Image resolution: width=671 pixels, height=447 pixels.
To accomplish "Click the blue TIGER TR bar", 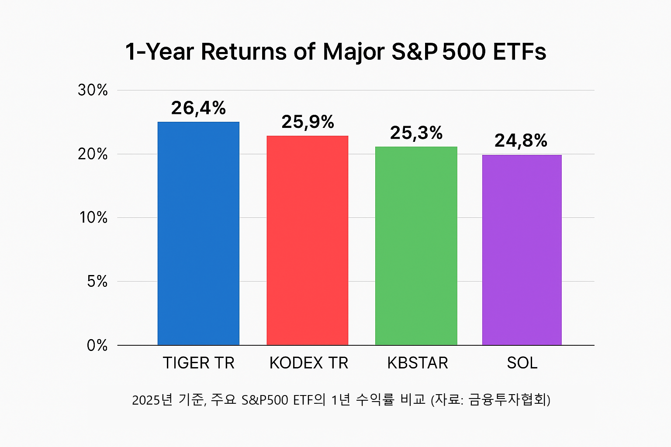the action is tap(198, 234).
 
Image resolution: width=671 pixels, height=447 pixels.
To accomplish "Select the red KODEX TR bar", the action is tap(308, 241).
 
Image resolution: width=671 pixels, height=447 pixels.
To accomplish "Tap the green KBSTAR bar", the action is tap(416, 246).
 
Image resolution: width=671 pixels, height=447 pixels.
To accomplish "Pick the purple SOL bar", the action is tap(522, 250).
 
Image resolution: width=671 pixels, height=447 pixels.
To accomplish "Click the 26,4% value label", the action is tap(198, 108).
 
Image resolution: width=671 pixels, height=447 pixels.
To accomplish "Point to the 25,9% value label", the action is tap(308, 122).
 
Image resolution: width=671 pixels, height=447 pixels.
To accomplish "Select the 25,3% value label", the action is tap(416, 133).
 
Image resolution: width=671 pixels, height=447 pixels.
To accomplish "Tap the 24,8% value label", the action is tap(521, 141).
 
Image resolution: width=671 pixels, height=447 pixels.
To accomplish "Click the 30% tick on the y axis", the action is tap(93, 90).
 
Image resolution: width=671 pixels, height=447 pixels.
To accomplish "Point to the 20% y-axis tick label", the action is tap(93, 154).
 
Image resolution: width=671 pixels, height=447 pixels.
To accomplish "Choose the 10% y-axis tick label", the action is tap(93, 218).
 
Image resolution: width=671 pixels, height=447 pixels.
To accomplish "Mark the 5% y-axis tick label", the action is tap(97, 282).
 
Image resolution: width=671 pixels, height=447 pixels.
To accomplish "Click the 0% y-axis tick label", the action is tap(97, 345).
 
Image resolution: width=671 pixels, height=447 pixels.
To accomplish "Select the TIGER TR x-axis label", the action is tap(199, 363).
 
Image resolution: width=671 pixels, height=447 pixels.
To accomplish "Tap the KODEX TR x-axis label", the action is tap(309, 363).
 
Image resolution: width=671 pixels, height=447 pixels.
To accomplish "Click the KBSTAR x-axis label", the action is tap(418, 363).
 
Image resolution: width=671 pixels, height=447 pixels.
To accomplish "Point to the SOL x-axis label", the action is tap(522, 363).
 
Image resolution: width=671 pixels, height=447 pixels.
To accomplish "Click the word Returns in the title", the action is tap(243, 52).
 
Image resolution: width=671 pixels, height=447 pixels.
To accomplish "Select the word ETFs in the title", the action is tap(519, 52).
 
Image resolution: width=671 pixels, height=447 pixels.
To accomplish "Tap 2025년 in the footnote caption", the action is tap(152, 400).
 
